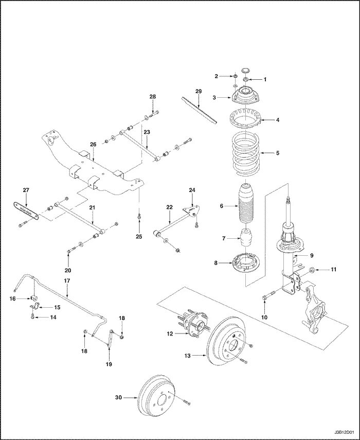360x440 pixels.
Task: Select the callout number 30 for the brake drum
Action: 119,397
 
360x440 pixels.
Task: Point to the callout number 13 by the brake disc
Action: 188,355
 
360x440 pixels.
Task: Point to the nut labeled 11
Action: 312,269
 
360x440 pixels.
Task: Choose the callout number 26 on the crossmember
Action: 93,145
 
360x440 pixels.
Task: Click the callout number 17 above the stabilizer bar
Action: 66,280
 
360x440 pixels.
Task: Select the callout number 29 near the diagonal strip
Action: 198,91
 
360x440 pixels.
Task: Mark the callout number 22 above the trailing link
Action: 169,207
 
